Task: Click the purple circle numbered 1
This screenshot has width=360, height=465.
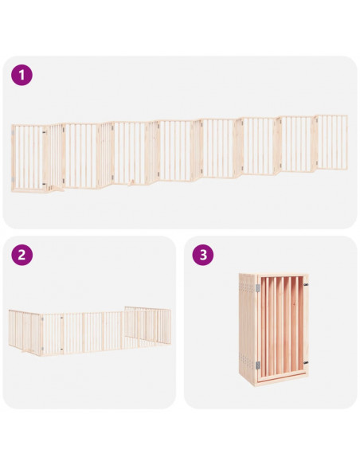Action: coord(22,75)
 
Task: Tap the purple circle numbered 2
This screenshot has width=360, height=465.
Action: coord(22,255)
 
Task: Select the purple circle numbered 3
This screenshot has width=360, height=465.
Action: coord(203,255)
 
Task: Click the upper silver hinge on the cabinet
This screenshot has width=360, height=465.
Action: coord(258,287)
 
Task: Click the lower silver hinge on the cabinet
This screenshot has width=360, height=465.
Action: coord(258,365)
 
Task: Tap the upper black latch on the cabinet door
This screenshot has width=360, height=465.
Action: coord(305,285)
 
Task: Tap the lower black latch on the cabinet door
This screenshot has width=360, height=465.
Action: coord(305,362)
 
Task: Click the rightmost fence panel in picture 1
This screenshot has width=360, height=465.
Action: coord(332,142)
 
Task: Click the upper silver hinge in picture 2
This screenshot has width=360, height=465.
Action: coord(42,318)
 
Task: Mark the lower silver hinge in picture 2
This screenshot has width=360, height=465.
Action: coord(42,349)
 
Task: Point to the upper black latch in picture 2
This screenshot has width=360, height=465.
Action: coord(61,318)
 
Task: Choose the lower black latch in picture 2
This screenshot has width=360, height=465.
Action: coord(61,350)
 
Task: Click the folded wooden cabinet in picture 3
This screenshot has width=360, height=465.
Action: coord(274,329)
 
